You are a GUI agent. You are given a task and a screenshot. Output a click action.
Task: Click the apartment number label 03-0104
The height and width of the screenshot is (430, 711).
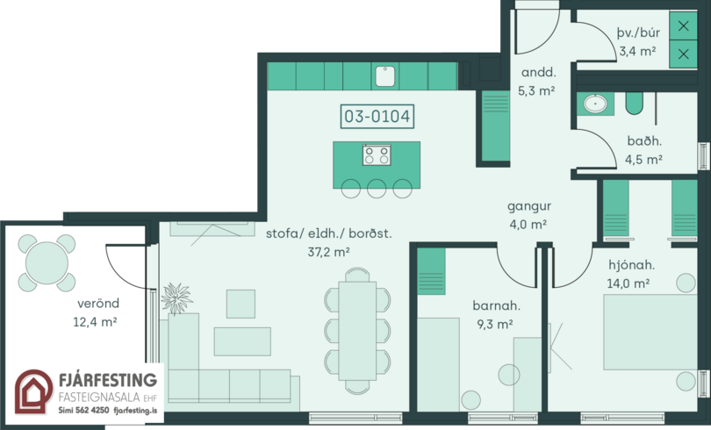point(377,117)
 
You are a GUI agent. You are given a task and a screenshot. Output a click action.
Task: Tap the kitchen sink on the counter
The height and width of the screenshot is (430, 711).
point(385,76)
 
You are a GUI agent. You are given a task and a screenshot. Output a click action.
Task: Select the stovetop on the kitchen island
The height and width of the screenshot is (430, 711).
point(377,155)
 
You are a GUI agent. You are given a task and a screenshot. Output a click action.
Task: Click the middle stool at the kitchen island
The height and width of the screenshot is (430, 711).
point(377,189)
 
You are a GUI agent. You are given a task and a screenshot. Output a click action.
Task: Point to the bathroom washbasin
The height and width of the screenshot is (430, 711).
point(594,104)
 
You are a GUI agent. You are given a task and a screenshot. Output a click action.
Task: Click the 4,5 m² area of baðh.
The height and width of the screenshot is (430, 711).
point(644,160)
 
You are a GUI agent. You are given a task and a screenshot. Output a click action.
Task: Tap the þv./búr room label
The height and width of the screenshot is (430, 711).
point(638,32)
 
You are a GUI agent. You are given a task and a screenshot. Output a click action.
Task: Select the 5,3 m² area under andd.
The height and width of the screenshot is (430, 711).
point(537,90)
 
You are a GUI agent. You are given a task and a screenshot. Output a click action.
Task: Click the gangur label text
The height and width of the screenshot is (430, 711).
point(529,206)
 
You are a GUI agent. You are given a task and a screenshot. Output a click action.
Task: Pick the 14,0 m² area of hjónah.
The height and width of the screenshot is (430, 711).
point(628,283)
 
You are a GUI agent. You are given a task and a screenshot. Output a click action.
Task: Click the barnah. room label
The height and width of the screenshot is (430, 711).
point(497,305)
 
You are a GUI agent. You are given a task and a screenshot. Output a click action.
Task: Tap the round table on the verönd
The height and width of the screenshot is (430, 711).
point(47,262)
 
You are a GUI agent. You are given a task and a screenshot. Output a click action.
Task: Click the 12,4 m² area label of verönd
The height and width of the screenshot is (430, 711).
point(95,322)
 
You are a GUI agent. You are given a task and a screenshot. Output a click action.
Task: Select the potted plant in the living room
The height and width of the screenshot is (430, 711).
point(176,298)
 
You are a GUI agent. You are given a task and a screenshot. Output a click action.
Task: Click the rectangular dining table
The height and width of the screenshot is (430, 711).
point(357,331)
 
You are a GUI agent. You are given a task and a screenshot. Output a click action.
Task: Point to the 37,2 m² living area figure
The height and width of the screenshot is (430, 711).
point(329,252)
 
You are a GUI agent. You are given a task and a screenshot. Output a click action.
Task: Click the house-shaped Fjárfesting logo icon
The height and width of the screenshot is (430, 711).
point(33,392)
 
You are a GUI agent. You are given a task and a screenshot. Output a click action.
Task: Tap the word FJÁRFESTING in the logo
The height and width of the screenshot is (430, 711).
point(108,380)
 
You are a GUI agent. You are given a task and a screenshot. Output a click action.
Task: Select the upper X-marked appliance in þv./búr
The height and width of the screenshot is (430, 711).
point(683,25)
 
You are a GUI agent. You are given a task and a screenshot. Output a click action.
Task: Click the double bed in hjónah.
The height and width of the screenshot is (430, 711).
point(650,332)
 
